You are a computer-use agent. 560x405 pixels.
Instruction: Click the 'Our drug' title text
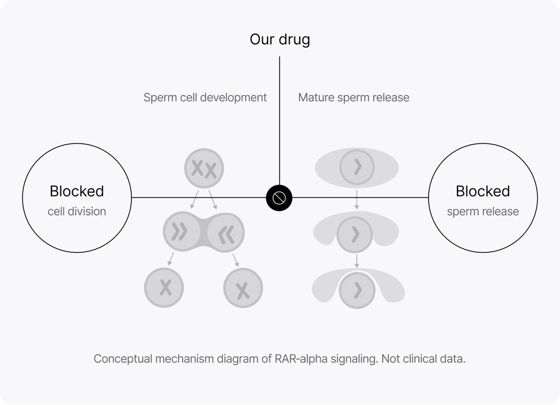(x=280, y=39)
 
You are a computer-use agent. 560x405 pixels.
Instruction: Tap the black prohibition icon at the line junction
(x=279, y=198)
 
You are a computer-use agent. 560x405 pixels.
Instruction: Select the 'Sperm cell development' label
(x=205, y=97)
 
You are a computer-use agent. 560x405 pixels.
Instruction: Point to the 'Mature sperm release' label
(x=354, y=97)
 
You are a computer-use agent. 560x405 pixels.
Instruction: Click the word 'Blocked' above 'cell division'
(x=77, y=191)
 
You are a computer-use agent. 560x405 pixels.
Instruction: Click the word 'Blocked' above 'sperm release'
(x=483, y=191)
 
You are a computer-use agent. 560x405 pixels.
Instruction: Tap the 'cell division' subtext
(x=77, y=211)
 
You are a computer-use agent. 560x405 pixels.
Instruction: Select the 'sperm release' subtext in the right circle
(x=483, y=211)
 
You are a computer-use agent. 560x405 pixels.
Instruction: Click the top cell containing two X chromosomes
(x=204, y=168)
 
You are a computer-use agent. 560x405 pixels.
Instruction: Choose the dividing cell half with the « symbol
(x=226, y=234)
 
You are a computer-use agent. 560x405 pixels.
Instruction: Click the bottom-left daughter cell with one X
(x=164, y=288)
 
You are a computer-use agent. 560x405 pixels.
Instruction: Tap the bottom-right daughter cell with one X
(x=243, y=288)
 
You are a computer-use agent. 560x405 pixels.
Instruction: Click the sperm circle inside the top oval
(x=357, y=167)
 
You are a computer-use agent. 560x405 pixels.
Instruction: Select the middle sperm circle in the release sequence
(x=355, y=234)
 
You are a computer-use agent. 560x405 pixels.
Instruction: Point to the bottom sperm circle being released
(x=357, y=290)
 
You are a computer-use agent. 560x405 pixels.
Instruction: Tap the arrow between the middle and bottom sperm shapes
(x=357, y=261)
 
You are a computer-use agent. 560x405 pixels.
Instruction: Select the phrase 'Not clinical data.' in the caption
(x=423, y=359)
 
